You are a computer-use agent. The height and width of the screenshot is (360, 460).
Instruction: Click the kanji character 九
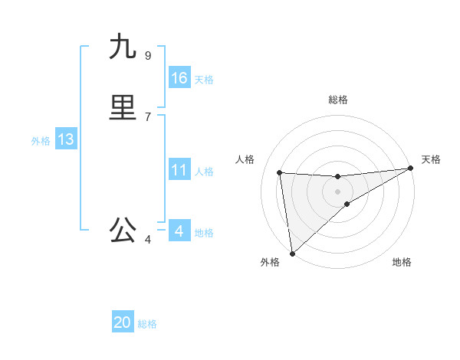pyautogui.click(x=123, y=47)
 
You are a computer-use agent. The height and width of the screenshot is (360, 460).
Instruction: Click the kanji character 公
pyautogui.click(x=123, y=230)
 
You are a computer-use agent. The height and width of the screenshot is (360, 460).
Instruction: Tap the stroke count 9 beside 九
pyautogui.click(x=147, y=55)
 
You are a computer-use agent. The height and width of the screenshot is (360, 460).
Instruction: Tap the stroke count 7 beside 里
pyautogui.click(x=147, y=116)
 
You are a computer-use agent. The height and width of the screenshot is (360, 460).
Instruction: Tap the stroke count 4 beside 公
pyautogui.click(x=147, y=240)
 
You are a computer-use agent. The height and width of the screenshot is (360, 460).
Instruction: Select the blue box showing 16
pyautogui.click(x=179, y=78)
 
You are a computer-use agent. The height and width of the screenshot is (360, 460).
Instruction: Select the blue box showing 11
pyautogui.click(x=179, y=170)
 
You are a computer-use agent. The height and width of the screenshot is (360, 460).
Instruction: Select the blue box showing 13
pyautogui.click(x=66, y=139)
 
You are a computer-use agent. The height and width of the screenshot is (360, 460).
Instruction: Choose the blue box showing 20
pyautogui.click(x=123, y=322)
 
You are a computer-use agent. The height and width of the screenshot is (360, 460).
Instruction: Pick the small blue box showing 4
pyautogui.click(x=179, y=231)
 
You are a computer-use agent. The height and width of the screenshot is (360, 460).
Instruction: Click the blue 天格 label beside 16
pyautogui.click(x=204, y=80)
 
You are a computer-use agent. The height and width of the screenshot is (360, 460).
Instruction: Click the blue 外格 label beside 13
pyautogui.click(x=41, y=141)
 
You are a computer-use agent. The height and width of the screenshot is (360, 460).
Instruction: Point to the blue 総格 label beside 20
pyautogui.click(x=147, y=324)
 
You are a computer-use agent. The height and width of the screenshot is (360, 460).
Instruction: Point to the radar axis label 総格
pyautogui.click(x=338, y=100)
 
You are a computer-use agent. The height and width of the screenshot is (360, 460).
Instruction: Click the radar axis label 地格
pyautogui.click(x=402, y=262)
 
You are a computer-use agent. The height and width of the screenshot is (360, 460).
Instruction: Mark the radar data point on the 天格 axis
pyautogui.click(x=411, y=169)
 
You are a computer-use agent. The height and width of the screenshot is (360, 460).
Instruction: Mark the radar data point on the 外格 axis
pyautogui.click(x=292, y=253)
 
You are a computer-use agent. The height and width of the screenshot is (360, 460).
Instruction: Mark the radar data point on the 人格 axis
pyautogui.click(x=279, y=172)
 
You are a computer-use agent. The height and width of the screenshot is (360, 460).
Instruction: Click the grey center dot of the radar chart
pyautogui.click(x=338, y=191)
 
